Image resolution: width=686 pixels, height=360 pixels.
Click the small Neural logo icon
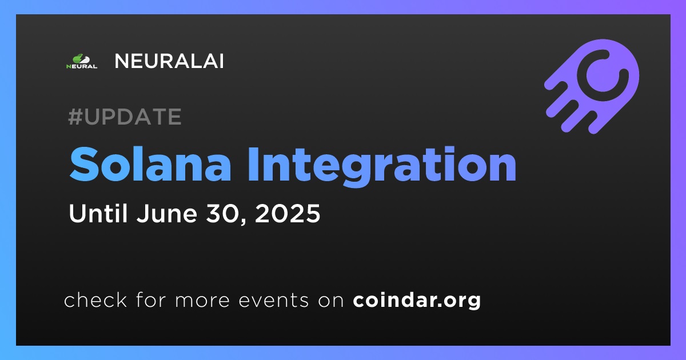coord(82,61)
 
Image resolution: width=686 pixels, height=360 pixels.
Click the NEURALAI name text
coord(169,61)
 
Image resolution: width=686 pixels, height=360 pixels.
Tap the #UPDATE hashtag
coord(125,117)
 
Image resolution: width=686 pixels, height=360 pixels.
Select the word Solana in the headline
coord(150,165)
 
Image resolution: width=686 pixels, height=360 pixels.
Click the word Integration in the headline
coord(382,167)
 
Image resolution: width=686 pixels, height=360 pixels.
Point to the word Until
coord(98,213)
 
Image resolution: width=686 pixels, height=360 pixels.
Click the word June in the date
coord(167,213)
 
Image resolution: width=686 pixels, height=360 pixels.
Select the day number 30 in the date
coord(224,213)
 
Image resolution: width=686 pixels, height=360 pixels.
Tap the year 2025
coord(287,213)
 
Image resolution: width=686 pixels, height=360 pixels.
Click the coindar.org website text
coord(417,301)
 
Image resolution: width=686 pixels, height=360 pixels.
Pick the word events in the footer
coord(274,301)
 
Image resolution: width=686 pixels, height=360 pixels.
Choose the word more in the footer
coord(202,301)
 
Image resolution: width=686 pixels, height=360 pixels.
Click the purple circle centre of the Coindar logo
coord(603,75)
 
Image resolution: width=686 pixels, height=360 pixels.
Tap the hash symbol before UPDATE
coord(75,117)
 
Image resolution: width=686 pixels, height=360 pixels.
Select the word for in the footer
coord(151,299)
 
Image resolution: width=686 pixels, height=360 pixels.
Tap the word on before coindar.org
coord(331,301)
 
